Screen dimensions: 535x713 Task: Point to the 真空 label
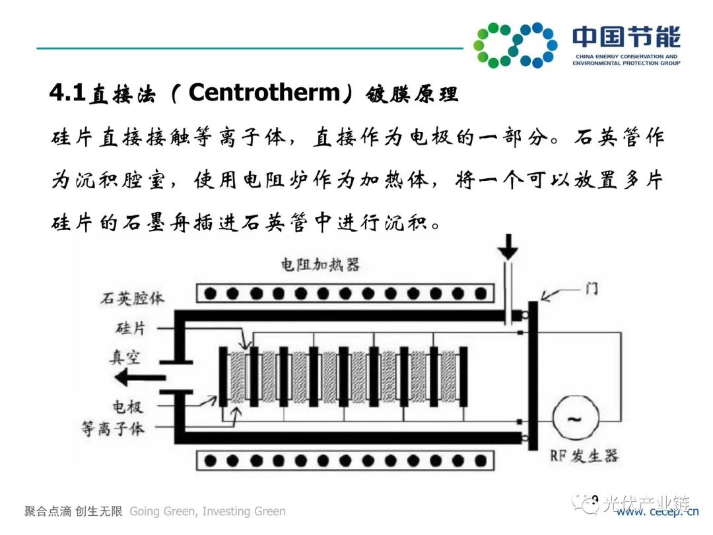(x=125, y=357)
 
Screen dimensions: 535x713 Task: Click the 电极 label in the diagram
(x=125, y=404)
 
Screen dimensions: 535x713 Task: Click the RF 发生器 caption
(x=584, y=456)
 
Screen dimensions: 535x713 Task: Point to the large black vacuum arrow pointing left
(x=135, y=378)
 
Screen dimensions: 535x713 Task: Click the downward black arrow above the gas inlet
(x=508, y=246)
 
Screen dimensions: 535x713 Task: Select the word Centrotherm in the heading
(x=264, y=93)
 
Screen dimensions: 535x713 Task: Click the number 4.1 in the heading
(x=68, y=93)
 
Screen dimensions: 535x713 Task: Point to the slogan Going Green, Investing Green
(x=208, y=511)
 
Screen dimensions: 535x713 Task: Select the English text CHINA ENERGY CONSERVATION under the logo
(x=627, y=57)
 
